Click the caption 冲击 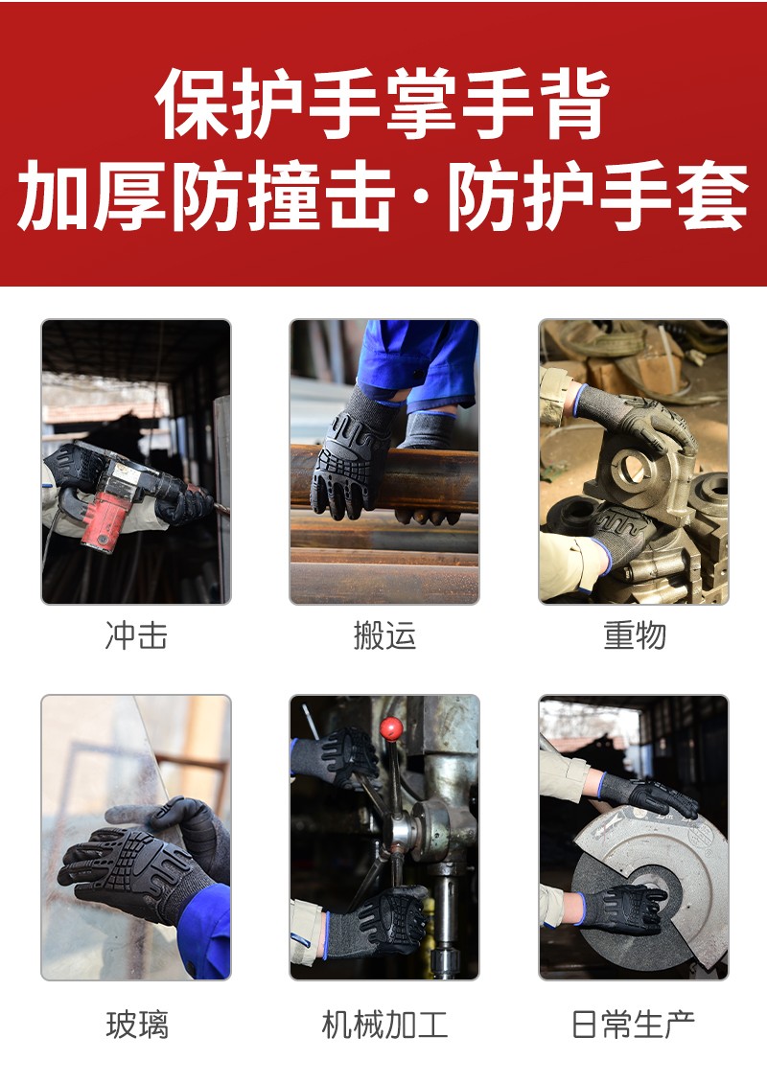click(x=136, y=634)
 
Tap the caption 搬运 click(x=384, y=634)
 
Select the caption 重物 click(x=635, y=634)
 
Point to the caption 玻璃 click(x=137, y=1024)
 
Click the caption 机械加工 click(x=384, y=1024)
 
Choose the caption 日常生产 click(x=633, y=1024)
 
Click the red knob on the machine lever click(x=391, y=727)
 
